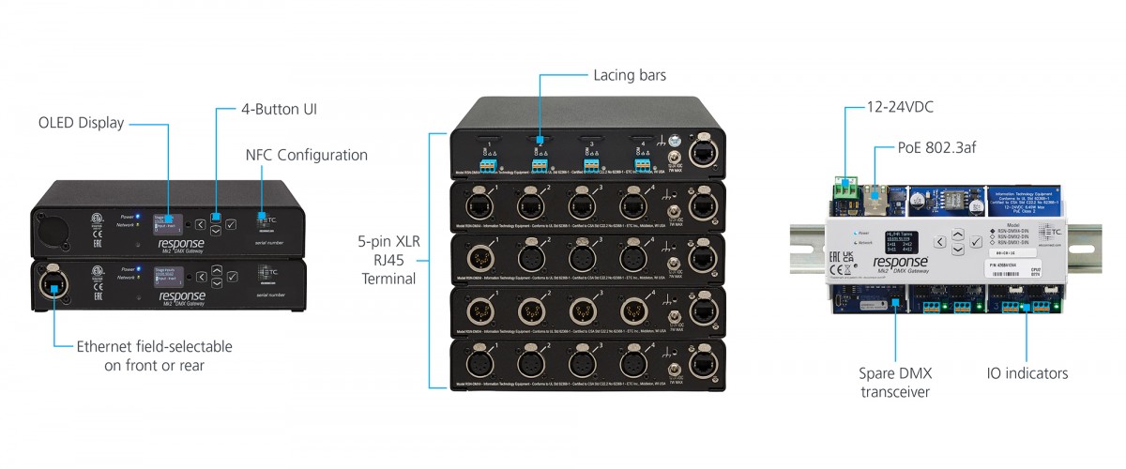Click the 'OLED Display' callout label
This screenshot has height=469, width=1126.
[x=81, y=123]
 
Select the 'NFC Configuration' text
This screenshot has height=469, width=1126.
[x=306, y=155]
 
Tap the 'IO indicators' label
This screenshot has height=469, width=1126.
[x=1027, y=373]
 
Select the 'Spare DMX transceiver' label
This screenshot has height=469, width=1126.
[x=896, y=382]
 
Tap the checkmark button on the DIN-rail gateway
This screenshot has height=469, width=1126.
[x=977, y=242]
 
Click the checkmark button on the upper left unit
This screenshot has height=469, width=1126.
[x=232, y=223]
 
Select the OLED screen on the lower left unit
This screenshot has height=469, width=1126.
[x=169, y=277]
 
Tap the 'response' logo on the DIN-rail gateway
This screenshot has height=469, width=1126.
[x=901, y=264]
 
